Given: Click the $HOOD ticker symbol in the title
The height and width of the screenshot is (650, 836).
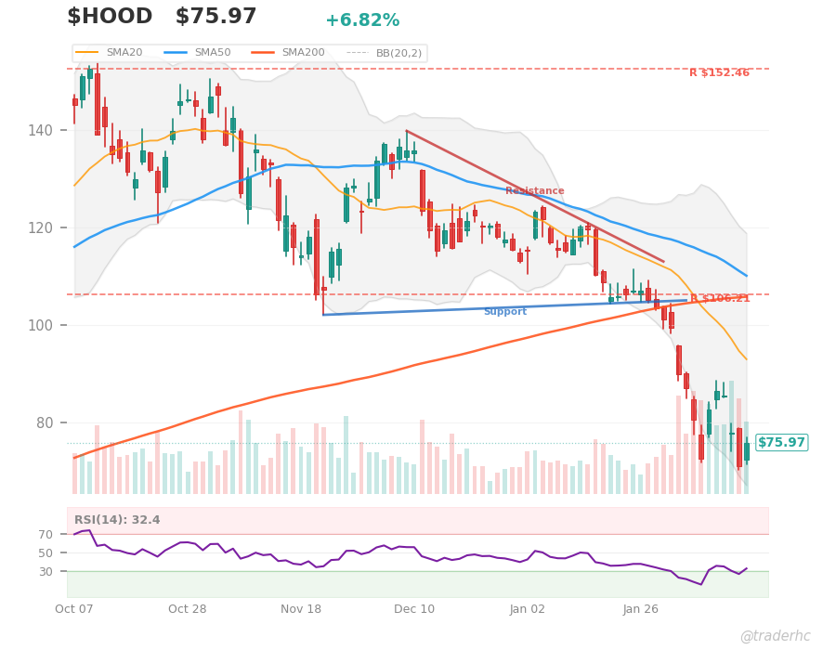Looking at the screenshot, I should click(110, 17).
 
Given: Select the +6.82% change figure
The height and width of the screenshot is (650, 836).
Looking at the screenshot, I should click(362, 20).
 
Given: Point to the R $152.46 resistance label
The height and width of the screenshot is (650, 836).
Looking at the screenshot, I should click(719, 73).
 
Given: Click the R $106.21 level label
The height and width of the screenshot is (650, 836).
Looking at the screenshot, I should click(719, 299).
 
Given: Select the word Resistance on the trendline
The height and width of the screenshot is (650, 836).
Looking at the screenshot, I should click(534, 191).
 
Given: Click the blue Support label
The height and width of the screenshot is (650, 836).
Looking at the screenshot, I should click(504, 312).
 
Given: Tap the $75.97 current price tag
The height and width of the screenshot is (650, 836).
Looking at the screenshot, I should click(781, 443).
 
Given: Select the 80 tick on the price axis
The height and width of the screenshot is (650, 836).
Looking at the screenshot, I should click(44, 422).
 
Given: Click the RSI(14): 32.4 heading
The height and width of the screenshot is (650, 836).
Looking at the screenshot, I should click(117, 520).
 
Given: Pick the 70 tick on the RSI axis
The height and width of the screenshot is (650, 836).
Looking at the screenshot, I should click(46, 535).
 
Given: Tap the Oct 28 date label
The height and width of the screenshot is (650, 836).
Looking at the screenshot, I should click(187, 609).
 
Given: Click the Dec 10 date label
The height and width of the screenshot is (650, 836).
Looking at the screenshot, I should click(413, 609).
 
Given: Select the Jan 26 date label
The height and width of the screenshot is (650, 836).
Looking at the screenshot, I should click(640, 609).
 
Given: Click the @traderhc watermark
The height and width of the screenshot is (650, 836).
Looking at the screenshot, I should click(775, 636).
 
